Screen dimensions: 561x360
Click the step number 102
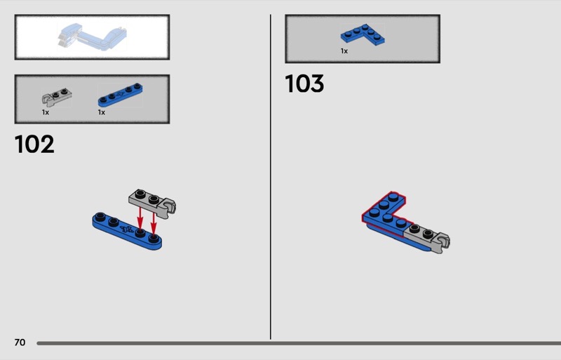tap(34, 144)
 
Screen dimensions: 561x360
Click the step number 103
tap(304, 84)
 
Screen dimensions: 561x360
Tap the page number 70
tap(20, 342)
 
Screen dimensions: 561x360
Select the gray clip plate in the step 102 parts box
tap(57, 97)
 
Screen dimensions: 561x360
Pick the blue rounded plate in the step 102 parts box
tap(120, 95)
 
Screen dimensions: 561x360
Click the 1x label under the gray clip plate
tap(46, 112)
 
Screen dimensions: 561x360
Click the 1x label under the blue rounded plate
tap(102, 112)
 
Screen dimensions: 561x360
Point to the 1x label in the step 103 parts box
tap(344, 51)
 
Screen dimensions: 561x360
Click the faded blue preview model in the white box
tap(93, 37)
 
